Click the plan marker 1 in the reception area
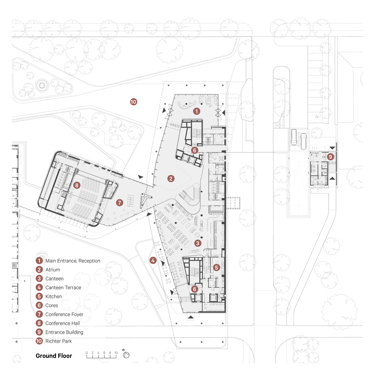196,111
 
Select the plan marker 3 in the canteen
198,243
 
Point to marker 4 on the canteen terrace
153,261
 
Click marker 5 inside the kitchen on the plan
216,267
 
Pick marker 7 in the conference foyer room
120,202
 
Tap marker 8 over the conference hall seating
76,185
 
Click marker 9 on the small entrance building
330,157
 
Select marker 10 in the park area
133,101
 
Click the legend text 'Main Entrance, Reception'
73,261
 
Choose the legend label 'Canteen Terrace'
63,288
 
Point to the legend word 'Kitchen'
54,297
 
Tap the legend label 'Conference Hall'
63,323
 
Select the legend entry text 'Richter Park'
58,341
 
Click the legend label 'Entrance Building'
64,332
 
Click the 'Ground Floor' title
54,356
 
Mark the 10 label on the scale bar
116,353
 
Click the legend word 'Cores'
52,306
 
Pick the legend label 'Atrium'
52,270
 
